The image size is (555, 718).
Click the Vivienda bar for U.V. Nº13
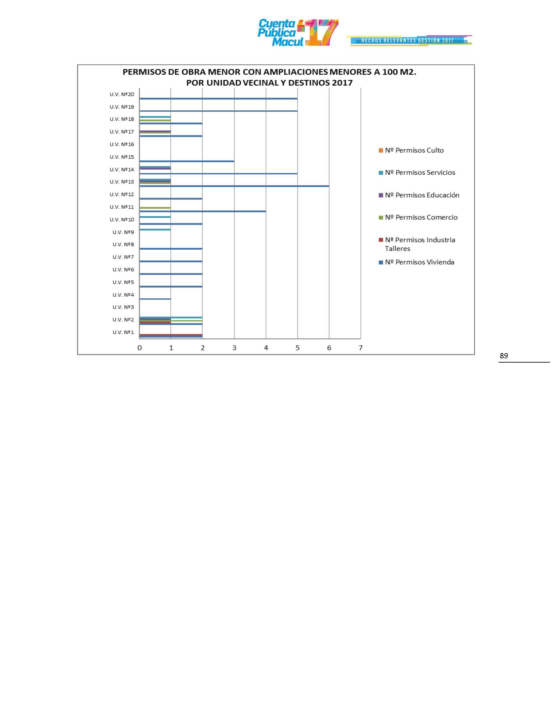(234, 186)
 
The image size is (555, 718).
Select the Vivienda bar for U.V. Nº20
(218, 99)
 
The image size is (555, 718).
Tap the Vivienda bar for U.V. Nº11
(202, 211)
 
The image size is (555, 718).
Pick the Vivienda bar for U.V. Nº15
(187, 161)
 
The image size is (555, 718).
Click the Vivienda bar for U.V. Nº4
(155, 299)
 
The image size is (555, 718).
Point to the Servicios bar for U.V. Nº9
(155, 229)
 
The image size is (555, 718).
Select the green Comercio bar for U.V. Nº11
(155, 208)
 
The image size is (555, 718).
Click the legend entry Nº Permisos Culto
(414, 150)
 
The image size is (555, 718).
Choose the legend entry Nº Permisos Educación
(422, 195)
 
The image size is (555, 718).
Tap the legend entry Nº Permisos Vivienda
(419, 262)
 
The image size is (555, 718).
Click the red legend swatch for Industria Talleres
(381, 240)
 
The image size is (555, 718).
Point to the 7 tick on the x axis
(361, 348)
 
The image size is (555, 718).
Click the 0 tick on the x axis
(140, 348)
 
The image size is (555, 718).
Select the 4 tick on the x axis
(266, 348)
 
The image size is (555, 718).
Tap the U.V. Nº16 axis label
(122, 144)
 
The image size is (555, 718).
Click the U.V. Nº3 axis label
(123, 307)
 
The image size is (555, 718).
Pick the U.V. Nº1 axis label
(123, 332)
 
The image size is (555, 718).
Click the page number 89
(504, 356)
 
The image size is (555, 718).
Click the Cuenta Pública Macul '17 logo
(298, 33)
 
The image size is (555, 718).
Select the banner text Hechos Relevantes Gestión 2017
(407, 40)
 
